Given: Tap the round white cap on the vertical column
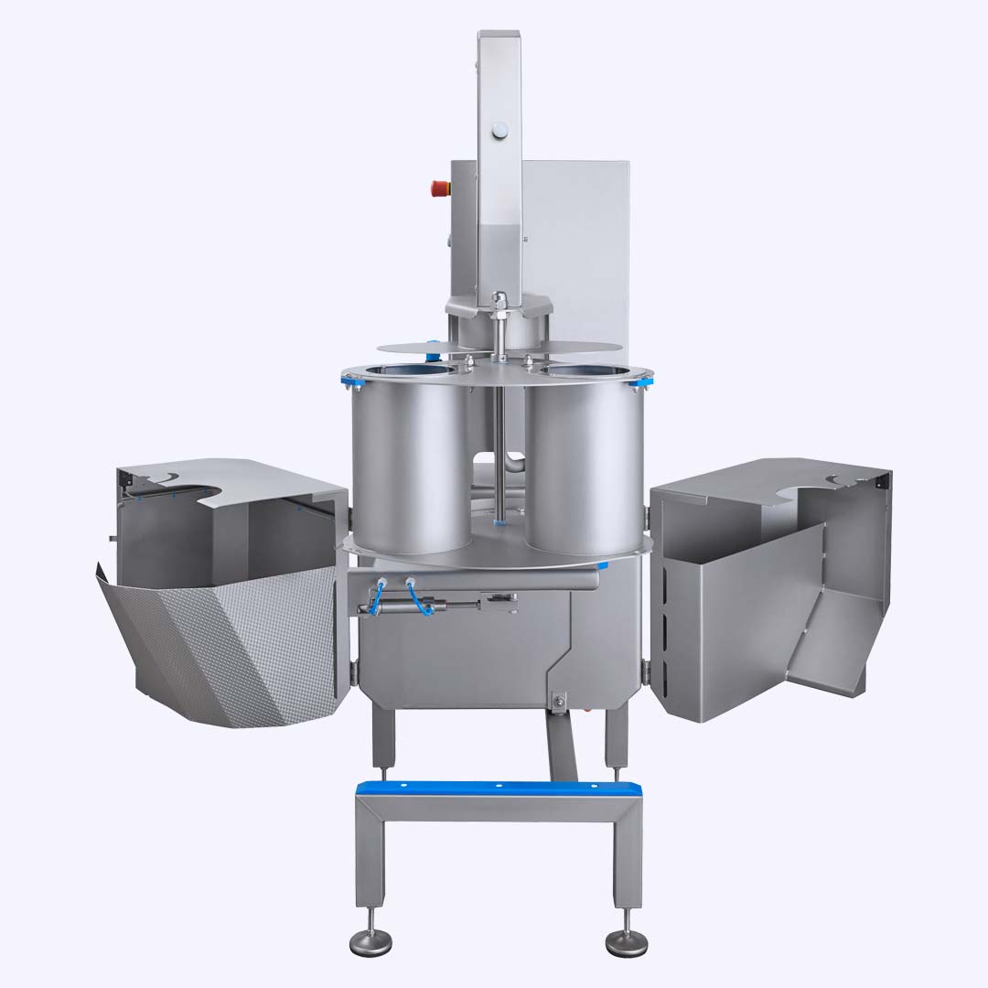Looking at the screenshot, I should (x=499, y=132).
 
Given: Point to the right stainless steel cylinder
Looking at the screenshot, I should (x=584, y=467).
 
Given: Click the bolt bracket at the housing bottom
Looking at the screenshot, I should (x=556, y=701).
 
